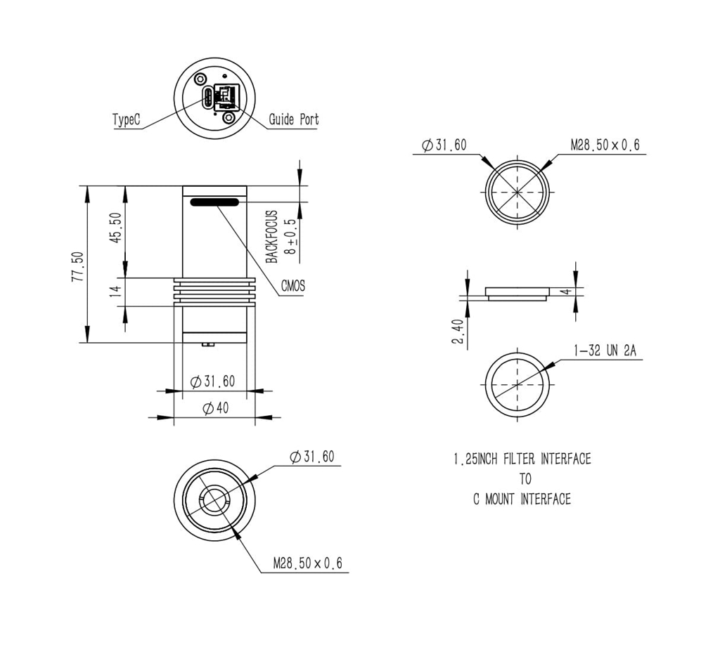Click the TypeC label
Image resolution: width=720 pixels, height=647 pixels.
pyautogui.click(x=127, y=120)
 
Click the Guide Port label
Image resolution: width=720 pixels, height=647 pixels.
pyautogui.click(x=293, y=119)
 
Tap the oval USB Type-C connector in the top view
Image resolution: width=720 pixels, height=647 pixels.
pyautogui.click(x=207, y=98)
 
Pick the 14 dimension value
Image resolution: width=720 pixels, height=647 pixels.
pyautogui.click(x=117, y=291)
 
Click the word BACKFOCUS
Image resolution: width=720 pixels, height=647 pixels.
pyautogui.click(x=272, y=237)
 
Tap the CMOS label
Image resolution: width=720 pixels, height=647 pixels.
pyautogui.click(x=293, y=286)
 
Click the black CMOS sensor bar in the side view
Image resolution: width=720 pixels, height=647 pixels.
pyautogui.click(x=214, y=202)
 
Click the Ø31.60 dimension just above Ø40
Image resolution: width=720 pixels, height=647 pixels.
pyautogui.click(x=214, y=381)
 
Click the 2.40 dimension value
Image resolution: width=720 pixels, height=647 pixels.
pyautogui.click(x=458, y=332)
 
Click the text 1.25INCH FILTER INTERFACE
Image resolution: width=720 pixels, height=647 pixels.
pyautogui.click(x=522, y=459)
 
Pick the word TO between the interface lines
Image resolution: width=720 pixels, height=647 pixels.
pyautogui.click(x=525, y=479)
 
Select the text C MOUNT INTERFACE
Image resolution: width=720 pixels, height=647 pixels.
pyautogui.click(x=522, y=499)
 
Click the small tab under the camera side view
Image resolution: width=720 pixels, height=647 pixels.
pyautogui.click(x=207, y=344)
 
